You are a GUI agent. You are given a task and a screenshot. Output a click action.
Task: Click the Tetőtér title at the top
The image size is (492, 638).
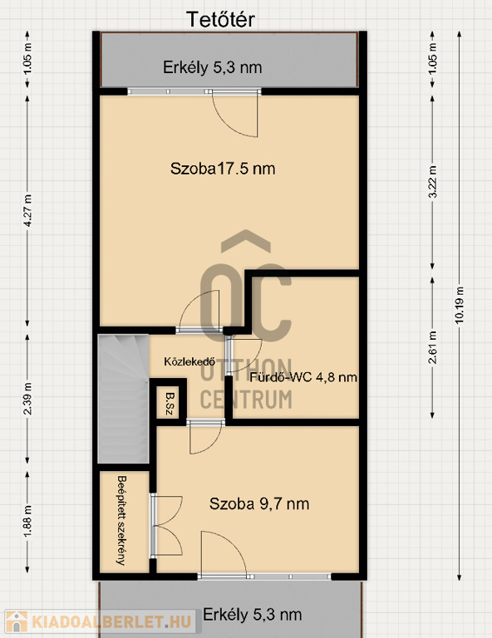coord(220,20)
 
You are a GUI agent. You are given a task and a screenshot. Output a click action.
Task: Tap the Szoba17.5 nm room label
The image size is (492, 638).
coord(223,169)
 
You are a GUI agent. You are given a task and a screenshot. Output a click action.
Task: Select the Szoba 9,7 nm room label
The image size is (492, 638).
coord(259,503)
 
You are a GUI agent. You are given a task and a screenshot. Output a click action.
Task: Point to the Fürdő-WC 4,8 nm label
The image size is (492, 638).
coord(303,377)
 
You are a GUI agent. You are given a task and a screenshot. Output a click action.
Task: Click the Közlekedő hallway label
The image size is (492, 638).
coord(189,361)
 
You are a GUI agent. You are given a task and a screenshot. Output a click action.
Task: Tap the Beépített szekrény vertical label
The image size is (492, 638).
coord(121,520)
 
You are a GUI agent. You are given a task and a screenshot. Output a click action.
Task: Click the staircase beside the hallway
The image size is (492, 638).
coord(123,399)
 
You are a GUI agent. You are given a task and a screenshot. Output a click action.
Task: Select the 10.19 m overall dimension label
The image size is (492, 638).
coord(460,305)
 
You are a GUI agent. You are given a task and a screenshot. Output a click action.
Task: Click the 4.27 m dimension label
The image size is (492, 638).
coord(27,211)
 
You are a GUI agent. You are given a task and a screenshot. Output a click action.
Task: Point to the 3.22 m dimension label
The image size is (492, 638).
coord(432,182)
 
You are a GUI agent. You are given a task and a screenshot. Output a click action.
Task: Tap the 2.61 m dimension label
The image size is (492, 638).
coord(432,347)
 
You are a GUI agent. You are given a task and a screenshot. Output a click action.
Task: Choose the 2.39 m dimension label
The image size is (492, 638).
coord(27,399)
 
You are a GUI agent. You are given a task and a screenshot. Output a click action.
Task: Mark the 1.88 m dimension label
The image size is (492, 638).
coord(27,522)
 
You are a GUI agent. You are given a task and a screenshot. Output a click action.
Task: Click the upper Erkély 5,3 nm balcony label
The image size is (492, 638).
coord(213,67)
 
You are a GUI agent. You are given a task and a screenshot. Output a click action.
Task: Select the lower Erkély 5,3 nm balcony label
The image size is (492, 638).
coord(253,615)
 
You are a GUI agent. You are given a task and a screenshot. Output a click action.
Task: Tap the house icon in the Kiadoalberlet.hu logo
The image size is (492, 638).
coord(17,621)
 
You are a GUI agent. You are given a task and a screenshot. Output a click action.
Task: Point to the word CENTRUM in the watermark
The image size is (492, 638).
coord(246,399)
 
